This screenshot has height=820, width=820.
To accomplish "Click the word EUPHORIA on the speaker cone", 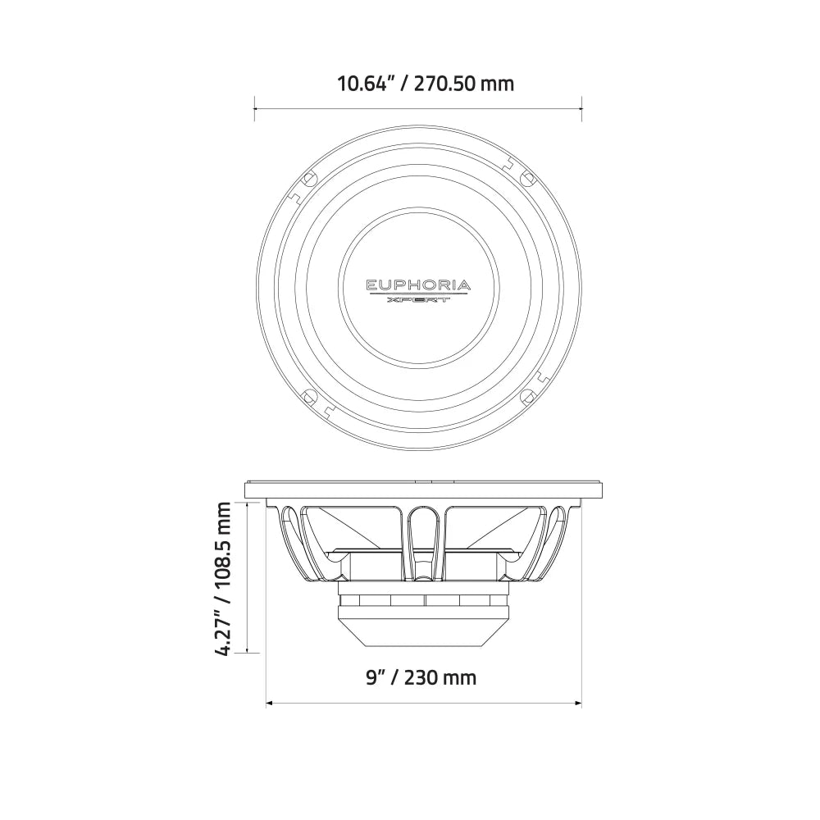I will [x=418, y=285].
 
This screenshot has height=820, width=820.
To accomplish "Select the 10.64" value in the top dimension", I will [x=365, y=83].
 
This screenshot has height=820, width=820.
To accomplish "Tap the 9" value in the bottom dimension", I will [x=376, y=677].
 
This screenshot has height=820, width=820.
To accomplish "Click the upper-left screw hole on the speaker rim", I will [x=309, y=178].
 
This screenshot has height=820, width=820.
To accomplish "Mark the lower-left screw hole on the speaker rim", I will [x=309, y=398].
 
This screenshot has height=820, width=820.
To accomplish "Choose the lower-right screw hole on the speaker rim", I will [x=529, y=398].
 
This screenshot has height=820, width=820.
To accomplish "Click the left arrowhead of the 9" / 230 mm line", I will [x=270, y=703].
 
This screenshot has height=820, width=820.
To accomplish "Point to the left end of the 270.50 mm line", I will [x=255, y=107].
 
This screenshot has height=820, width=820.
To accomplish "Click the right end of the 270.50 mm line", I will [x=581, y=107].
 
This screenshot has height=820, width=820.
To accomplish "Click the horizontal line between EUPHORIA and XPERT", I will [x=418, y=294].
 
